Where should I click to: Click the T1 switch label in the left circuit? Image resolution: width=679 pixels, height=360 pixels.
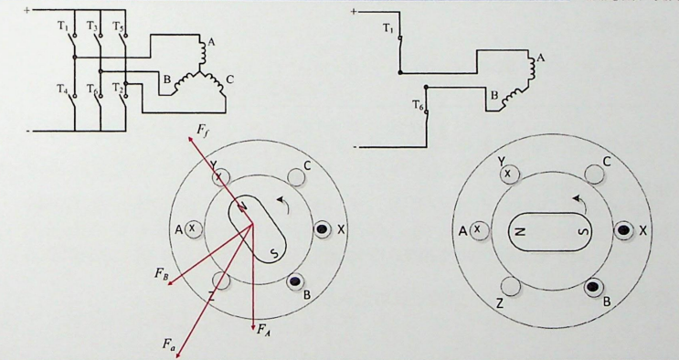(x=63, y=26)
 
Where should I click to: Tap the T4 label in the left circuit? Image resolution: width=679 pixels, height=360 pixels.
(x=63, y=89)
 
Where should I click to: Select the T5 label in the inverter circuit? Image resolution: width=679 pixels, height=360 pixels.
(x=119, y=26)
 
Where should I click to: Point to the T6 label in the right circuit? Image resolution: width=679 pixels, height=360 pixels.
(x=418, y=105)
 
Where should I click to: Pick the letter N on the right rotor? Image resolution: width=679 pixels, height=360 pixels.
(x=522, y=232)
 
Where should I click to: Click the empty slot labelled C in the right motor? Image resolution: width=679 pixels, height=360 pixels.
(x=594, y=175)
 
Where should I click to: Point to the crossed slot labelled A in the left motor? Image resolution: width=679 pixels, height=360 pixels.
(x=193, y=229)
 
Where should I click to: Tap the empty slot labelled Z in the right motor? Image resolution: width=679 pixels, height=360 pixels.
(x=511, y=286)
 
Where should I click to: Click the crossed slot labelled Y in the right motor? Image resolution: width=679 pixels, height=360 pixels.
(x=509, y=175)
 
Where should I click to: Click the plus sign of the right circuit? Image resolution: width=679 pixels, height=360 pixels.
(x=354, y=12)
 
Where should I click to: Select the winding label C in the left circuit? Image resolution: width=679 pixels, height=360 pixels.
(x=230, y=79)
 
